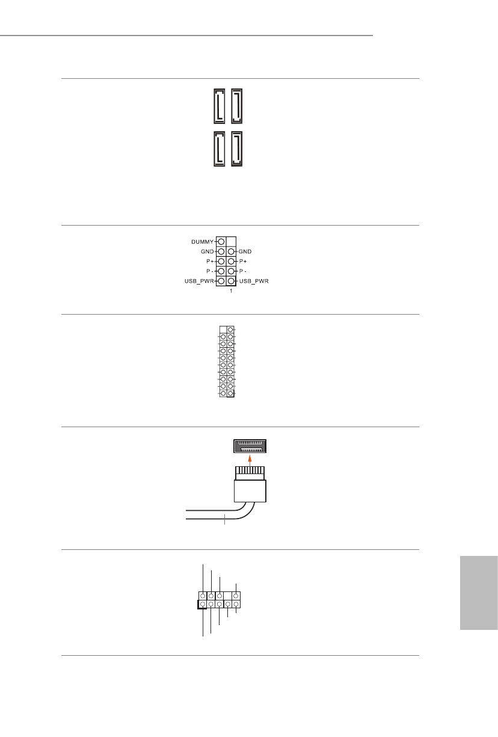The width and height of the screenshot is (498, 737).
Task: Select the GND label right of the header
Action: tap(245, 251)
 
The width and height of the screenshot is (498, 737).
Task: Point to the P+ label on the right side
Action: tap(244, 262)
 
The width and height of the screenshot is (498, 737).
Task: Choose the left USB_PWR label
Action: tap(199, 282)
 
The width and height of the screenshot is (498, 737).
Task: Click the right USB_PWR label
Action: tap(254, 282)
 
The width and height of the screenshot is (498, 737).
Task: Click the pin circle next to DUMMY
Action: tap(221, 241)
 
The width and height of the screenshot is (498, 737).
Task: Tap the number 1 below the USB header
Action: tap(232, 292)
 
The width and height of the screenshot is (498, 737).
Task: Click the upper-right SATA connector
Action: tap(236, 106)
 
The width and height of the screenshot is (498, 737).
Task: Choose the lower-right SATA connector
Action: tap(236, 148)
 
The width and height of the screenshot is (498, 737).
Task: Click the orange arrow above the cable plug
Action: tap(250, 459)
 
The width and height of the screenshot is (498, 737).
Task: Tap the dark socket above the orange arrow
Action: tap(250, 446)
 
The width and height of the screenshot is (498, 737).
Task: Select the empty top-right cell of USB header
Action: tap(232, 241)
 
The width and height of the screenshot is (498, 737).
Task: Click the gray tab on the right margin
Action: tap(479, 593)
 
